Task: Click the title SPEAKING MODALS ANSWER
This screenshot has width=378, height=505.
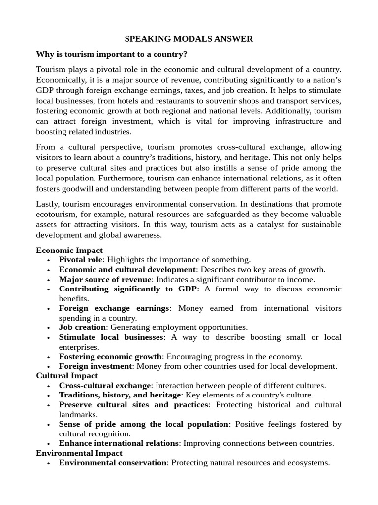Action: click(189, 38)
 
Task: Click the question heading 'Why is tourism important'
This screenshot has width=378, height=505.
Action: click(112, 54)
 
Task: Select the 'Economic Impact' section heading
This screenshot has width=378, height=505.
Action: click(69, 250)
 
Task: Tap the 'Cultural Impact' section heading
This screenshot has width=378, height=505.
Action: click(67, 376)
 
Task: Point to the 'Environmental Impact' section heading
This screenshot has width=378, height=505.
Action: click(79, 453)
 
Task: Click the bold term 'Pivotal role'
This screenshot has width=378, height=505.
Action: click(81, 260)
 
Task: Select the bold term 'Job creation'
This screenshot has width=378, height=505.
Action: click(82, 327)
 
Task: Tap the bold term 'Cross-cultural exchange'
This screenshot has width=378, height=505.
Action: click(105, 386)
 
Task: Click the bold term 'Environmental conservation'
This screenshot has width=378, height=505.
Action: click(113, 463)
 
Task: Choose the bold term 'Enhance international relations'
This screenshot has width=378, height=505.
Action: click(119, 443)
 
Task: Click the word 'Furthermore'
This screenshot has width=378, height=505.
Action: click(121, 178)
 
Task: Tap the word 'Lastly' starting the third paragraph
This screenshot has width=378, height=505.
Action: click(48, 204)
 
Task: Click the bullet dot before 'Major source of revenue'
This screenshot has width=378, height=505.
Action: click(48, 280)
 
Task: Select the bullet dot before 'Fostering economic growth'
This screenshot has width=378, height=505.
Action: click(48, 357)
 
